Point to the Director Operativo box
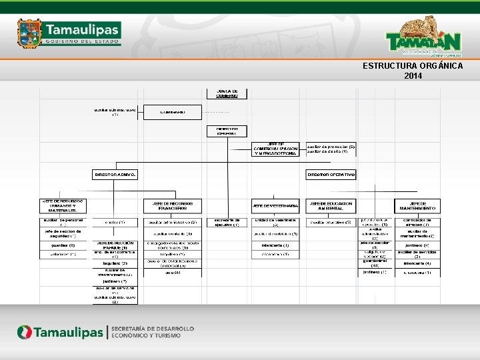pos(331,174)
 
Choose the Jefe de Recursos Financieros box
pos(171,205)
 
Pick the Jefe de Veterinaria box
pos(275,205)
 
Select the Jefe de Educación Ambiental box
pos(331,205)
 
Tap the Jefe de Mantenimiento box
pos(418,205)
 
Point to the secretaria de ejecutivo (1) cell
pos(227,223)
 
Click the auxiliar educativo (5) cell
pos(331,221)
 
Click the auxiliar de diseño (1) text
pos(327,152)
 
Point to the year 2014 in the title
pos(413,75)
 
